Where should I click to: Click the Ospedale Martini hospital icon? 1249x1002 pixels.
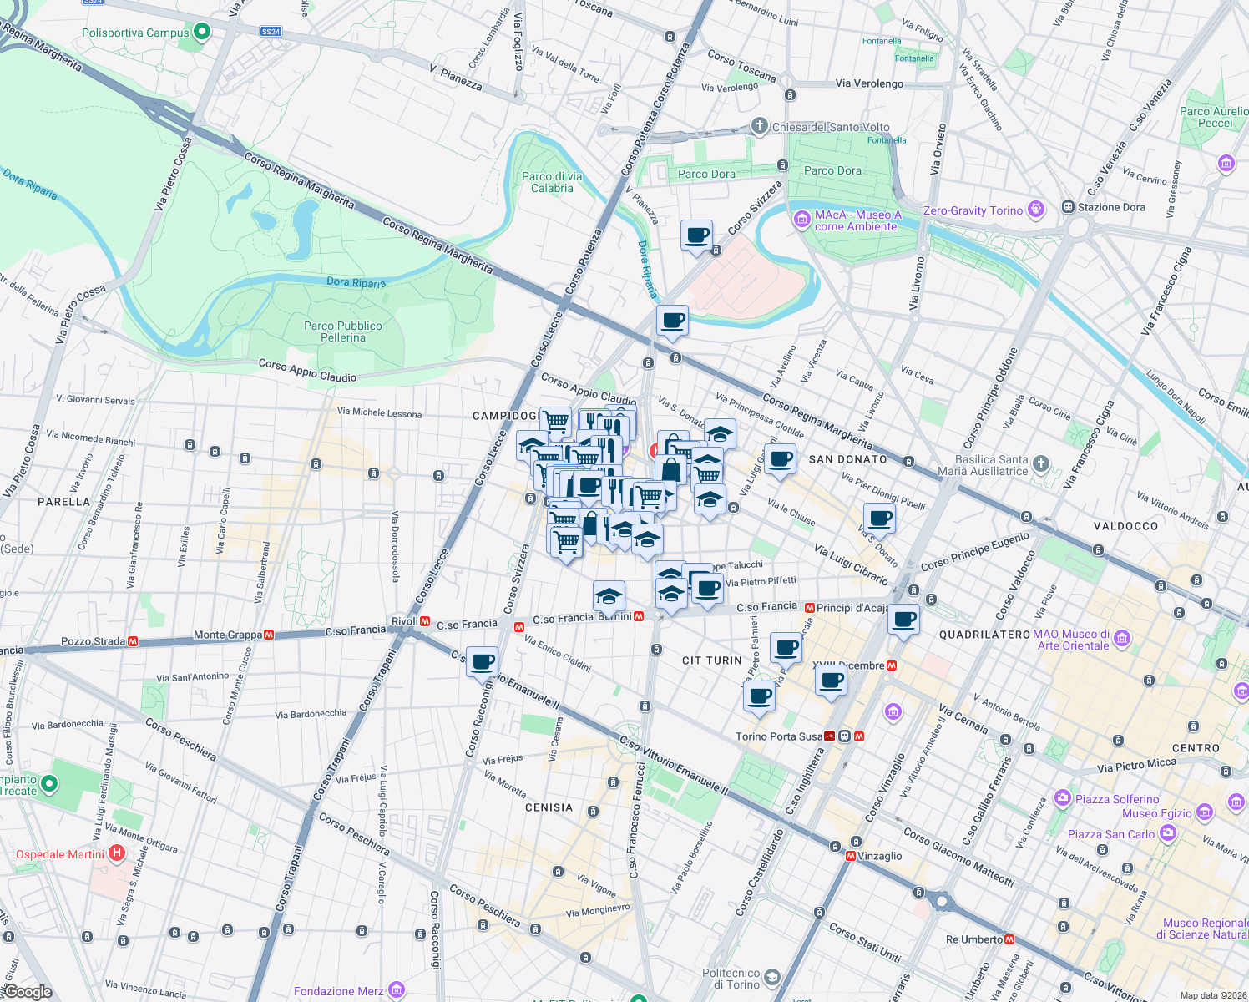tap(117, 853)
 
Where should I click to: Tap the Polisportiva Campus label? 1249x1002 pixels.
tap(135, 33)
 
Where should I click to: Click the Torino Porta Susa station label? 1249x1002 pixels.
tap(778, 736)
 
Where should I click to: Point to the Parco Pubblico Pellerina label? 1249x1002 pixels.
tap(343, 331)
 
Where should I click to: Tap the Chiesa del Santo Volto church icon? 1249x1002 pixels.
tap(759, 126)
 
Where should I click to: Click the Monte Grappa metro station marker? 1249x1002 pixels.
tap(269, 635)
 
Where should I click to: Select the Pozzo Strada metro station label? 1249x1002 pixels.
tap(93, 641)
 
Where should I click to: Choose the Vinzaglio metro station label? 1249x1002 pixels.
tap(879, 856)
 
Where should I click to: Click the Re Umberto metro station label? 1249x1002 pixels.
tap(974, 939)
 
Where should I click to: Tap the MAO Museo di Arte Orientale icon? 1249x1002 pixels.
tap(1122, 640)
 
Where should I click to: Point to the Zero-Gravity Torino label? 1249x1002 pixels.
tap(973, 210)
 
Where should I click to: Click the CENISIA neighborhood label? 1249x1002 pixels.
tap(549, 807)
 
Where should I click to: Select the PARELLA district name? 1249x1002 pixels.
tap(63, 502)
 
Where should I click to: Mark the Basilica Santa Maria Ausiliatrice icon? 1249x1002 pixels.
tap(1040, 463)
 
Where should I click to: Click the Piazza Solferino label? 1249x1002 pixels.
tap(1117, 799)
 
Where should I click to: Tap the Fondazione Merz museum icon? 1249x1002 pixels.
tap(397, 991)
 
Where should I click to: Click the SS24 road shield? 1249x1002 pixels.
tap(271, 32)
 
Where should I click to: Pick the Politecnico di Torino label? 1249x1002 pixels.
tap(731, 979)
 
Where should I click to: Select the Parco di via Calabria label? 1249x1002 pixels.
tap(552, 182)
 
